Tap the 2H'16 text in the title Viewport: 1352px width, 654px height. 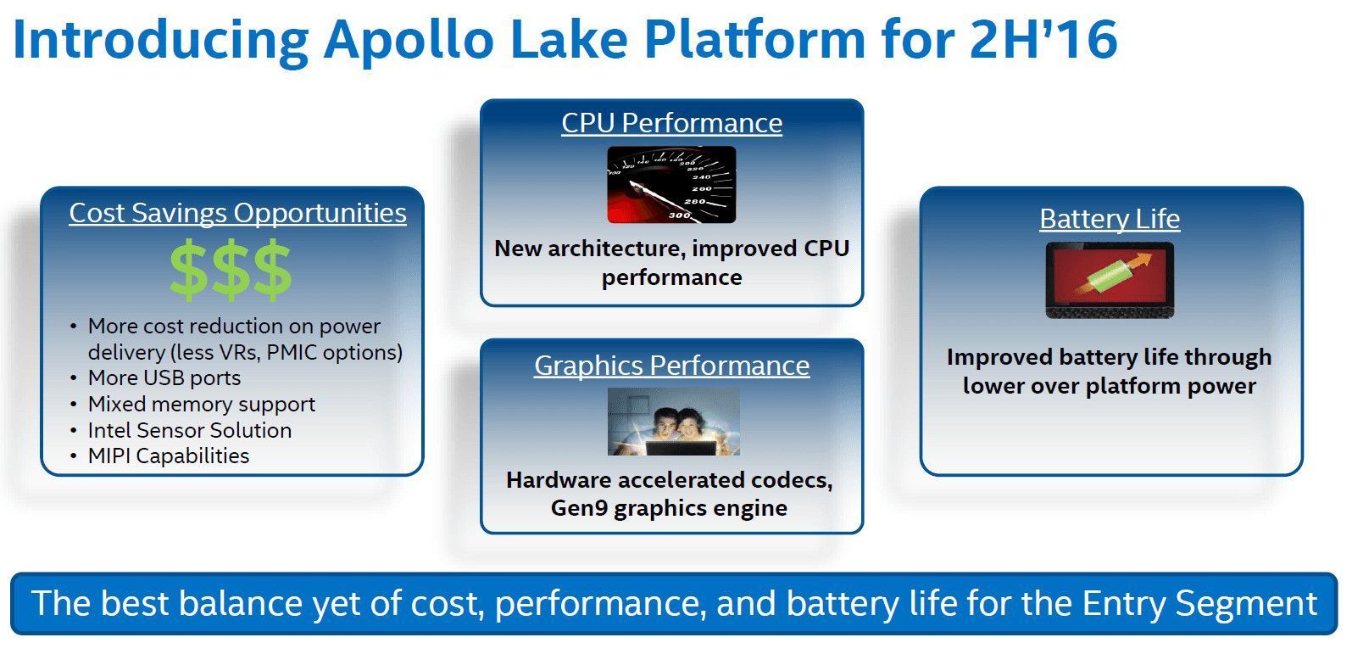(x=1043, y=39)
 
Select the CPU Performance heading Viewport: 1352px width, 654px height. (x=672, y=123)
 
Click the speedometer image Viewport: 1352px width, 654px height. (x=671, y=185)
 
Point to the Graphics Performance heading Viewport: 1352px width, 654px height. (x=672, y=366)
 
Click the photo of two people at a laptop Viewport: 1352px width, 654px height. (x=674, y=422)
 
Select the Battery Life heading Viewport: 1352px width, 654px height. (x=1110, y=219)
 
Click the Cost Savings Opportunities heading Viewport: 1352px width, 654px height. (x=238, y=213)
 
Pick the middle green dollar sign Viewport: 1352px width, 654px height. (x=231, y=270)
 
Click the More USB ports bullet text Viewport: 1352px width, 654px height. (x=164, y=378)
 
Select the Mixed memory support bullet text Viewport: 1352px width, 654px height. (x=202, y=404)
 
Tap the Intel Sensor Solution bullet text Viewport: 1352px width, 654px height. (x=190, y=431)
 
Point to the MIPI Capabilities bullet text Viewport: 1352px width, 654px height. (x=169, y=456)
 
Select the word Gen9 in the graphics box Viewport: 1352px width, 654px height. (x=579, y=508)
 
